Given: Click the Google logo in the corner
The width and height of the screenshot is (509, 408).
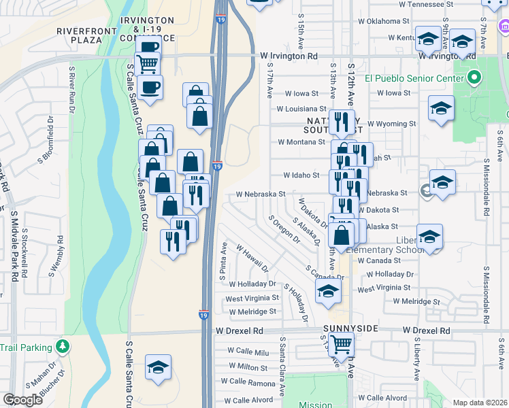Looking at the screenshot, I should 23,400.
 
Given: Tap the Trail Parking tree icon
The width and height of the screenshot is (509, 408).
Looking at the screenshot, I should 63,347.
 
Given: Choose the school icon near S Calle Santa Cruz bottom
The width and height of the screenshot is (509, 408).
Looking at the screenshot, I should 158,368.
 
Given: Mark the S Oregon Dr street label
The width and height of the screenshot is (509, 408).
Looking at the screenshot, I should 284,230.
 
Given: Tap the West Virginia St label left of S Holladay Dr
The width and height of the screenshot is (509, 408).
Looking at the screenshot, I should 252,298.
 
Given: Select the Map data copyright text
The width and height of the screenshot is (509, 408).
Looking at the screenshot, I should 479,403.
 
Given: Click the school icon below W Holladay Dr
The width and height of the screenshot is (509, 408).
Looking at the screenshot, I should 328,292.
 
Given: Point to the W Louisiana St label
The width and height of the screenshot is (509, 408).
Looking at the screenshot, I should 301,109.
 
